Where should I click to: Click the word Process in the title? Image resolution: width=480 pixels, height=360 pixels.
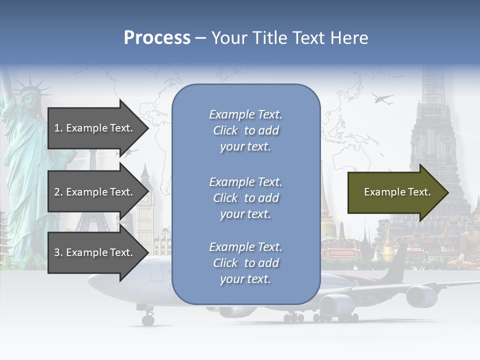point(157,38)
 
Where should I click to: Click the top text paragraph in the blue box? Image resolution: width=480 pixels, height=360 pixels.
point(245,130)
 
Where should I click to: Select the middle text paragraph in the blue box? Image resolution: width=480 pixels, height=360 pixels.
point(245,198)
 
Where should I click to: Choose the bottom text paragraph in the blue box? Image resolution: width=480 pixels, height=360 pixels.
point(245,263)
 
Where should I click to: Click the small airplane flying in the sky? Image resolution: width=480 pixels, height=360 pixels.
point(382,99)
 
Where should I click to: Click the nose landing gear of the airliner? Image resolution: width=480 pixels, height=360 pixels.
point(148,318)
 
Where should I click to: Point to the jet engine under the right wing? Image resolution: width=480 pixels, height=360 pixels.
point(421,296)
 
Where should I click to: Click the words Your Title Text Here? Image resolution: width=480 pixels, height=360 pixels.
point(289,38)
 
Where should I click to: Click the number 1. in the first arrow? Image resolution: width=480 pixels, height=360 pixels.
point(58,128)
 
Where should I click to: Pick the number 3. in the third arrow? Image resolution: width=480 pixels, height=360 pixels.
point(58,252)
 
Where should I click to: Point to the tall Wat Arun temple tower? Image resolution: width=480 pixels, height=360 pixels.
point(433,125)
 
